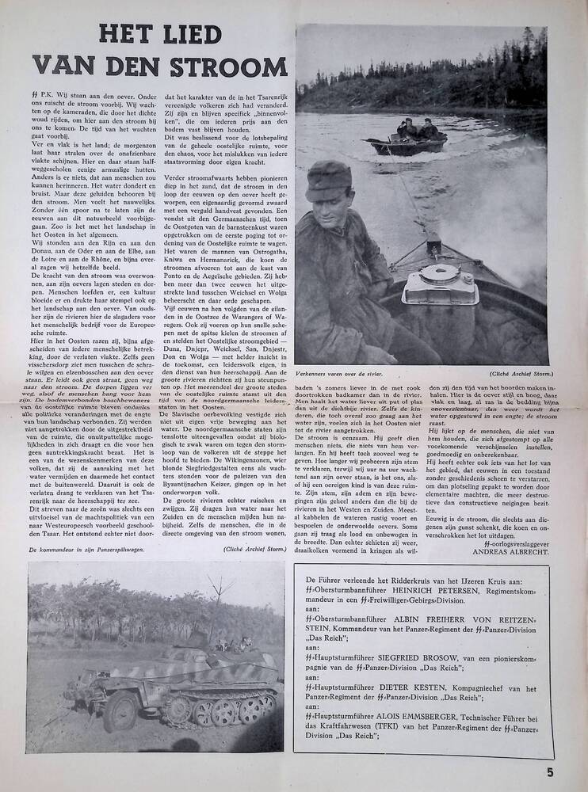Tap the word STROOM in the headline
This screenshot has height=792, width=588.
tap(219, 66)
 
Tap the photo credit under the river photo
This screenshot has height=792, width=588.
tap(517, 372)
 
